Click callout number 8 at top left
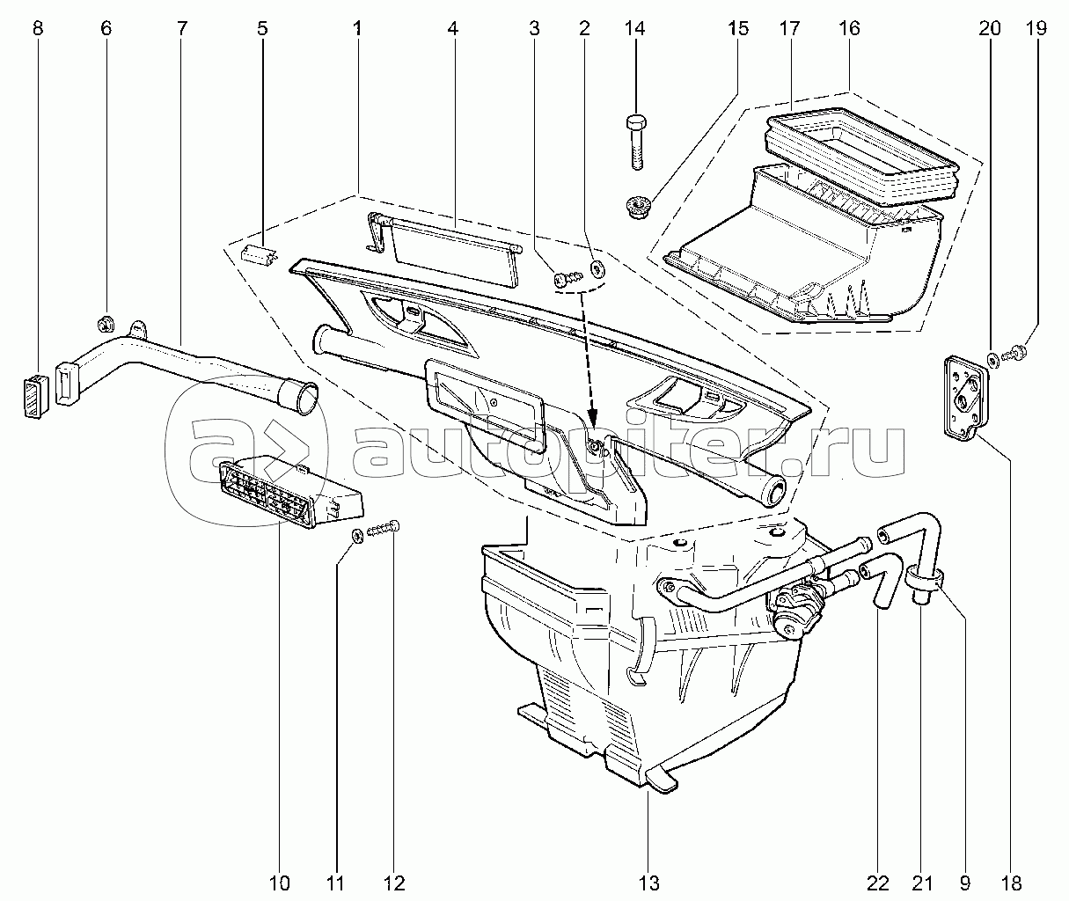37,27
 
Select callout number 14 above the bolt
634,27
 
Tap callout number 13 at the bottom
648,883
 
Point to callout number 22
877,883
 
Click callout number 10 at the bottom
279,883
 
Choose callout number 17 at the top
789,27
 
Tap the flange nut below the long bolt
636,208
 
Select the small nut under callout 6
106,324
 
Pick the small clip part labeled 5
259,253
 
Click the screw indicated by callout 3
568,278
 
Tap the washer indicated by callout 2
597,267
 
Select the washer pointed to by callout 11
357,536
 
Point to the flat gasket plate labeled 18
965,397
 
